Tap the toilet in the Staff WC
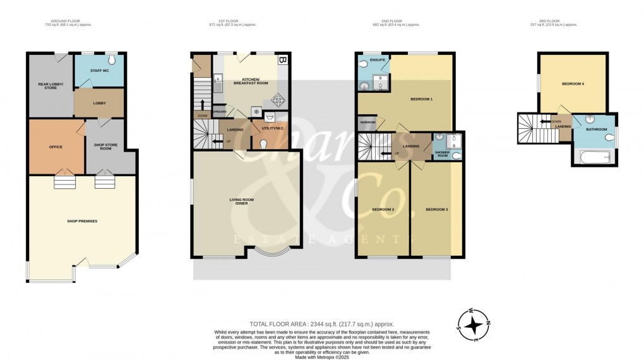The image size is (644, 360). [110, 61]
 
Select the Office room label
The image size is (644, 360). [56, 147]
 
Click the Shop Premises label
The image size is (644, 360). [82, 221]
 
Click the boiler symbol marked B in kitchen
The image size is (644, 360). [282, 61]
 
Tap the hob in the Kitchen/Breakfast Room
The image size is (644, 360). [276, 99]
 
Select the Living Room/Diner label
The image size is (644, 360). [240, 201]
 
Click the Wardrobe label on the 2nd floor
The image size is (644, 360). [367, 122]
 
